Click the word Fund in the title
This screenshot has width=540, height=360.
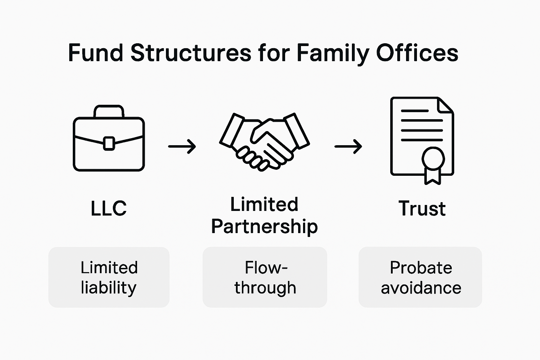point(95,53)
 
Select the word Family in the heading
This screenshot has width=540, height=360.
point(333,53)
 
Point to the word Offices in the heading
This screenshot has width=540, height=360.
point(417,53)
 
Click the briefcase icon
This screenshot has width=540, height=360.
point(109,141)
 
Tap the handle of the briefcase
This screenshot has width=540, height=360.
point(109,110)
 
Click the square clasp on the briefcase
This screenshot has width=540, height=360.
point(109,143)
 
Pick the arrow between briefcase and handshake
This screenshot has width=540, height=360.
point(182,146)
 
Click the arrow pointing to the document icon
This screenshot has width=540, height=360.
point(348,146)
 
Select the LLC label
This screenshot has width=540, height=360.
point(109,208)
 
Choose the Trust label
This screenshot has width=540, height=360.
point(422,208)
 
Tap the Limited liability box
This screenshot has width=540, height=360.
point(109,277)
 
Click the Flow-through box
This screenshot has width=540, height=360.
point(265,277)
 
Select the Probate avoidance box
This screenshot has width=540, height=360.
point(420,277)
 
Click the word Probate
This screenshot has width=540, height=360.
point(420,268)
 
